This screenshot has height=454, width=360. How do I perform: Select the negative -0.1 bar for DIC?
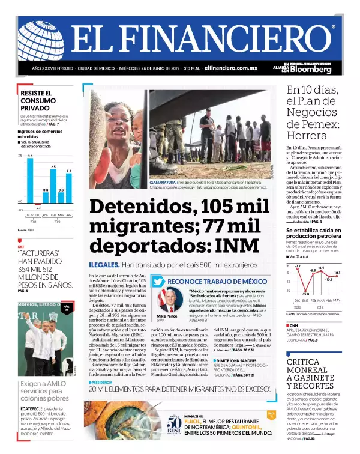38,203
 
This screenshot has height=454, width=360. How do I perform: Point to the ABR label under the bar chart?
68,214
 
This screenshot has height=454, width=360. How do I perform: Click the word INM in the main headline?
232,246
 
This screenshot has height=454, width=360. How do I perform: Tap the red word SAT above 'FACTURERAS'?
21,246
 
